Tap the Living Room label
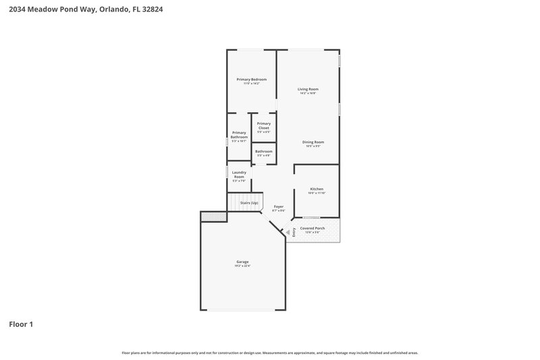308,89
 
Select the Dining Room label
313,142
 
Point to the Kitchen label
317,188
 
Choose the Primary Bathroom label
239,134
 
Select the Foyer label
278,206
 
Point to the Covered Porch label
313,228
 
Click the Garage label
242,261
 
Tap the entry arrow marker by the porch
288,232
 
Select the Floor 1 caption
21,324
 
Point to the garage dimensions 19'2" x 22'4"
242,266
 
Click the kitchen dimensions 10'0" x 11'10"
317,193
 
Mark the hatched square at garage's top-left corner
213,216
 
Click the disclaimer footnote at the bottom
269,353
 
